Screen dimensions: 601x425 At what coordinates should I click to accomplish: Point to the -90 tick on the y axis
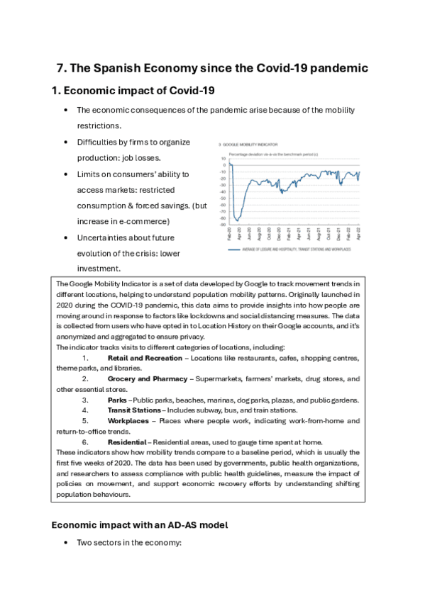(223, 225)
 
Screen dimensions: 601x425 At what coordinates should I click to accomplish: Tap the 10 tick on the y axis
(224, 158)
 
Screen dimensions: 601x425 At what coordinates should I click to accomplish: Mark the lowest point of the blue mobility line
(236, 219)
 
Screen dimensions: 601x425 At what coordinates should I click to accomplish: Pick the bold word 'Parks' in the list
(117, 400)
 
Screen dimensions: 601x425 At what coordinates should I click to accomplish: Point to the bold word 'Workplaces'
(128, 420)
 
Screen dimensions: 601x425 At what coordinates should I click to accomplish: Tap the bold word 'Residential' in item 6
(127, 442)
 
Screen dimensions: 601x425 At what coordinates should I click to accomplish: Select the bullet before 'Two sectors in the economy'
(66, 544)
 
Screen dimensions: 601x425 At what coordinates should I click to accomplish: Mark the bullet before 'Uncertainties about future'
(66, 238)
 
